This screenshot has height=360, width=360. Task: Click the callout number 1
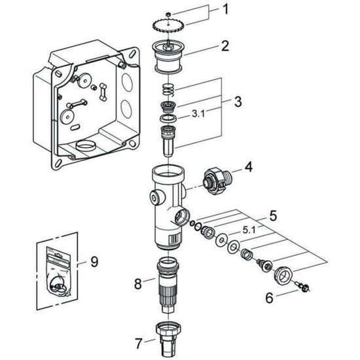(x=226, y=11)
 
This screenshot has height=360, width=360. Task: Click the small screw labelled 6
(x=303, y=285)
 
